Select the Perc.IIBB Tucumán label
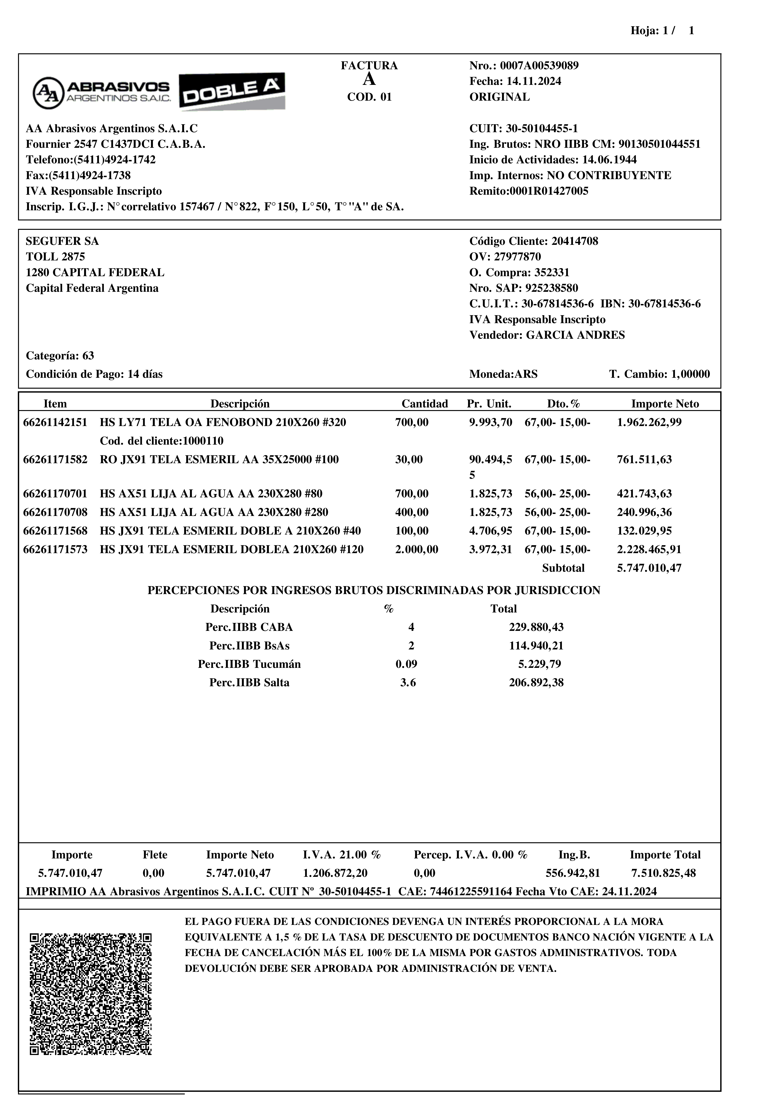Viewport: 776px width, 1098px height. tap(249, 664)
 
